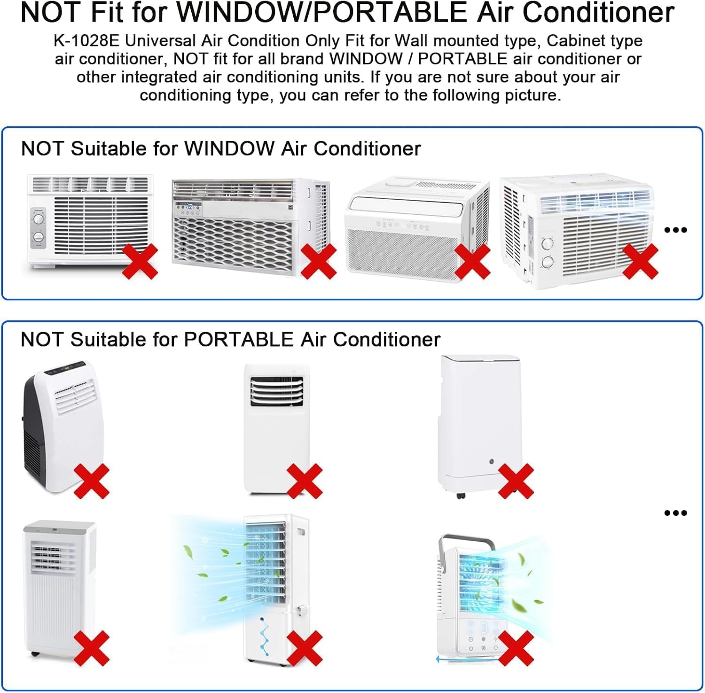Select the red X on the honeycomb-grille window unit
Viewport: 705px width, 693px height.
coord(318,261)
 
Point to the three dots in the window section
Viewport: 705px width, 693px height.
coord(676,230)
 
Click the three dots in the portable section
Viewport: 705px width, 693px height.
coord(676,513)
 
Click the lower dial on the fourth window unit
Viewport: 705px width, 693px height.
coord(548,262)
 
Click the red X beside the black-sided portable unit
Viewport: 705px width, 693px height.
coord(92,481)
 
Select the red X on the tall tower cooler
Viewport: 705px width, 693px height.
coord(305,648)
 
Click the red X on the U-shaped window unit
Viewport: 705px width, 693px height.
coord(472,261)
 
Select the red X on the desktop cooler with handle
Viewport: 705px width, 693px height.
coord(516,648)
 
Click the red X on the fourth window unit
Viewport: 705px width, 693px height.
coord(640,261)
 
